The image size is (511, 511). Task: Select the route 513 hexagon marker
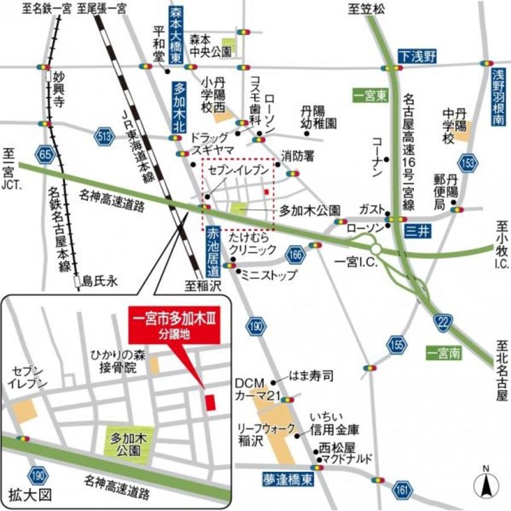click(x=103, y=136)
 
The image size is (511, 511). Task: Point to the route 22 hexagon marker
click(x=443, y=322)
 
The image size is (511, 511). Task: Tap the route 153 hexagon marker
click(x=467, y=163)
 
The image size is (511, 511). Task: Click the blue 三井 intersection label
click(x=417, y=232)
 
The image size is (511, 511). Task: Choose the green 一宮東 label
click(x=369, y=96)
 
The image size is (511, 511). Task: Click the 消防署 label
click(x=298, y=155)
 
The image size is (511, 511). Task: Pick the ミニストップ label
click(x=269, y=276)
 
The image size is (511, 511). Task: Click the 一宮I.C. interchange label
click(x=353, y=262)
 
